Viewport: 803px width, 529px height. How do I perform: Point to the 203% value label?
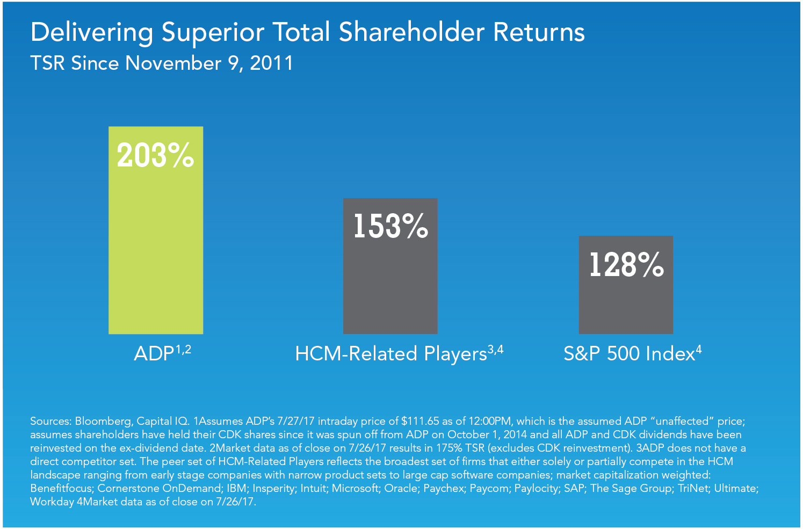(x=156, y=156)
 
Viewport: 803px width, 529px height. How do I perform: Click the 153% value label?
(x=390, y=226)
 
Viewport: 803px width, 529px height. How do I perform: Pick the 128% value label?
(x=626, y=265)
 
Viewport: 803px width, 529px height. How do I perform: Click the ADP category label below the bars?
(x=154, y=354)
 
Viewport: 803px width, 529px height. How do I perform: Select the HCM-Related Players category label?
(x=391, y=354)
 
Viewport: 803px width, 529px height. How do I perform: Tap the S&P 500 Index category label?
(x=629, y=354)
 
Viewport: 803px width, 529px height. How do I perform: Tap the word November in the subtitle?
(x=173, y=63)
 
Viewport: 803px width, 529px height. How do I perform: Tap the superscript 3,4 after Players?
(x=496, y=350)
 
